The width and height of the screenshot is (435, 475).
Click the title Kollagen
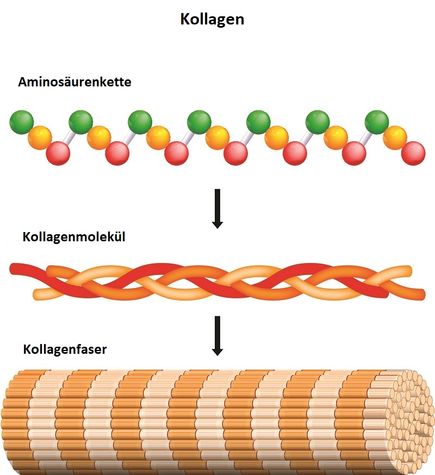pyautogui.click(x=212, y=20)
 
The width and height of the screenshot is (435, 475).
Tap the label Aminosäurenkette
pyautogui.click(x=74, y=83)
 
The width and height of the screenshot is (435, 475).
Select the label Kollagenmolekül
pyautogui.click(x=74, y=237)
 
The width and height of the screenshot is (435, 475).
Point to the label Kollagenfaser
pyautogui.click(x=65, y=349)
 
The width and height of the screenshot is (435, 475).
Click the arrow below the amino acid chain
pyautogui.click(x=217, y=208)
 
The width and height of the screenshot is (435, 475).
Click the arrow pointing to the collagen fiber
pyautogui.click(x=217, y=335)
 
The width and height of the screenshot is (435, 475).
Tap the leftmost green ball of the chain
pyautogui.click(x=22, y=121)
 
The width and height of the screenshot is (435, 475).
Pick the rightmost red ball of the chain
pyautogui.click(x=413, y=152)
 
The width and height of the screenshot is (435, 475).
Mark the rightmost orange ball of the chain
pyautogui.click(x=395, y=137)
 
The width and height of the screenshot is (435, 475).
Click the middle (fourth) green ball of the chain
pyautogui.click(x=199, y=121)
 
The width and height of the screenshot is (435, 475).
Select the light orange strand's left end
pyautogui.click(x=38, y=295)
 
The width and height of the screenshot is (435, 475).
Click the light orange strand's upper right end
pyautogui.click(x=405, y=270)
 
